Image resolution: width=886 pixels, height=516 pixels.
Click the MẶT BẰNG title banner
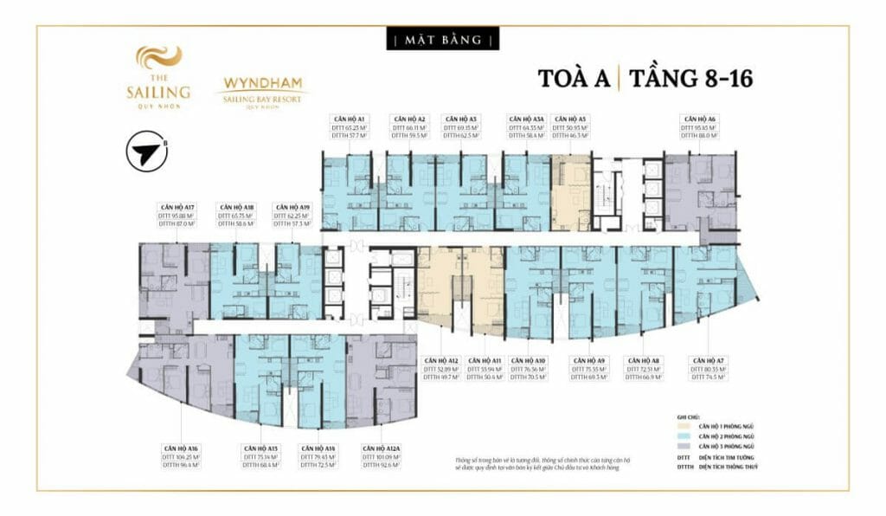[443, 40]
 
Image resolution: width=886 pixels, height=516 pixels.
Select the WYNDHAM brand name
[260, 85]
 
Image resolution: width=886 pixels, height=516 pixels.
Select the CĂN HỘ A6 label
[698, 118]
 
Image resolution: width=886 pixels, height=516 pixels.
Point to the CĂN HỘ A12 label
[441, 360]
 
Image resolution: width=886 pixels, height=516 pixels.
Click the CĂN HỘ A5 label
[570, 118]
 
